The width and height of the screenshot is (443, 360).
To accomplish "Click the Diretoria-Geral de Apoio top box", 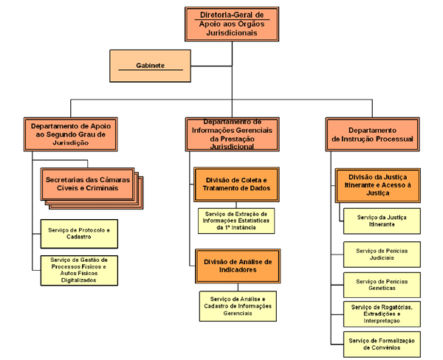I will [230, 24].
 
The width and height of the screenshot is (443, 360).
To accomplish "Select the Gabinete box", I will [148, 66].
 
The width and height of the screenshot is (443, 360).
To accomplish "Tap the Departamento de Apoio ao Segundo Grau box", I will [71, 134].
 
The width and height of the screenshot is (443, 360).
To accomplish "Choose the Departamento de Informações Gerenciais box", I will [232, 134].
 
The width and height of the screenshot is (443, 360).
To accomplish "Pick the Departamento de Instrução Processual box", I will [372, 134].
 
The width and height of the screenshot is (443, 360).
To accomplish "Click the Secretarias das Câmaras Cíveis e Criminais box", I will [89, 184].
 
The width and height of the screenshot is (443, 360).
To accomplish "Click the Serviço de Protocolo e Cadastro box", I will [77, 234].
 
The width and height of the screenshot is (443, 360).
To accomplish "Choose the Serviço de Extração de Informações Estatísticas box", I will [238, 220].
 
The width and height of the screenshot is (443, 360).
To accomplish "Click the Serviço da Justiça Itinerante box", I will [381, 221].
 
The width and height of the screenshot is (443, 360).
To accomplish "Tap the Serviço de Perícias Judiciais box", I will [381, 254].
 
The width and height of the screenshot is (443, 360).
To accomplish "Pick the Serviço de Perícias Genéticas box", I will [381, 285].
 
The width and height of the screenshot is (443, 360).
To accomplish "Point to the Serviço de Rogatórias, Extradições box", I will [381, 314].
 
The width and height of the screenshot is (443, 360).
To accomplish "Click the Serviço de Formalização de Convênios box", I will [381, 344].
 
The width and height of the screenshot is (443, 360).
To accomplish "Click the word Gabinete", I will [149, 66].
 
